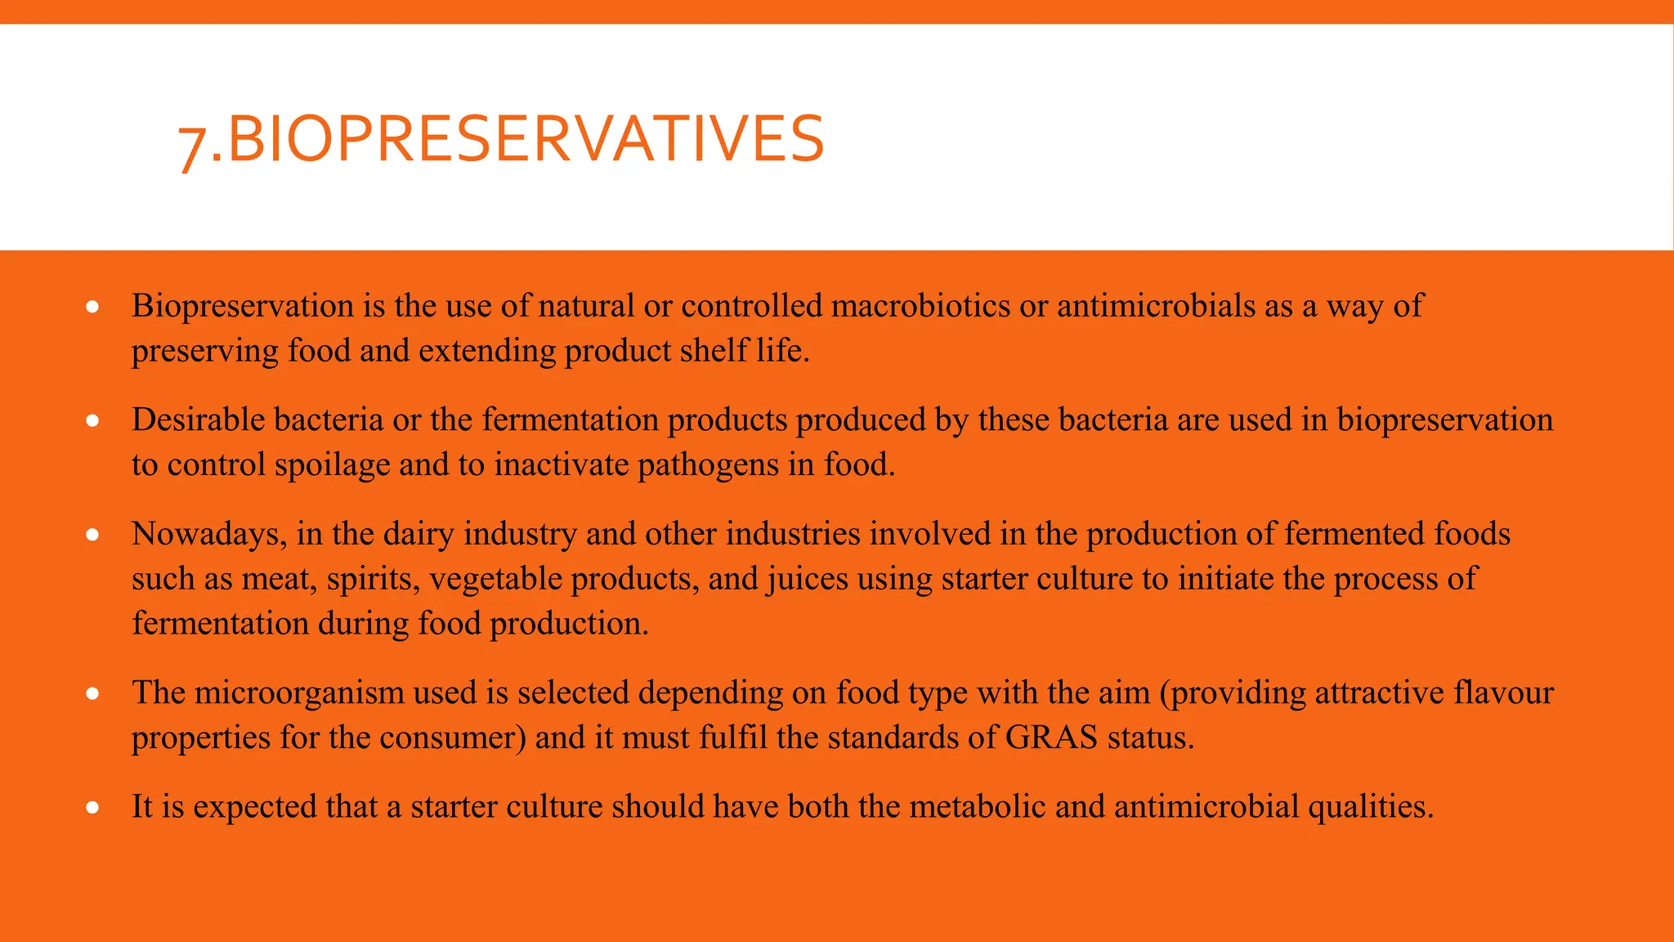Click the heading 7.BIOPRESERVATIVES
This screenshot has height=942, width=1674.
[500, 139]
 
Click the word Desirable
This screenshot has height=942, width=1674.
[199, 419]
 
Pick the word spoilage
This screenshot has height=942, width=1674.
[332, 465]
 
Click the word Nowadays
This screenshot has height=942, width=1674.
[209, 534]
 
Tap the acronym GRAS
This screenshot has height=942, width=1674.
[1051, 738]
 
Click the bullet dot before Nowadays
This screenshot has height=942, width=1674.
[93, 535]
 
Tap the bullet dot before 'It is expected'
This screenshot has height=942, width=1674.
[93, 808]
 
